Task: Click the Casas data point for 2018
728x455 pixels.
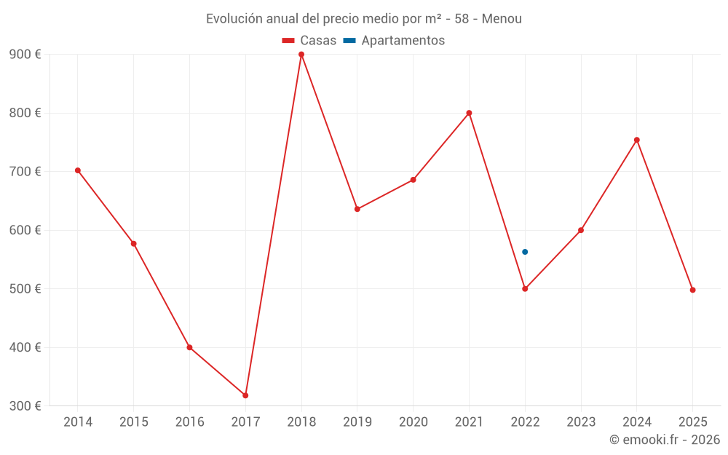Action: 301,55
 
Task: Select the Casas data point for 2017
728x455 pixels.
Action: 245,395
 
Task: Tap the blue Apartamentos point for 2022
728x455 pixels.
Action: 525,252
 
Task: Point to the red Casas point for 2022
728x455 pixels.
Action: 525,289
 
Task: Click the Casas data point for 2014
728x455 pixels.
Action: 78,170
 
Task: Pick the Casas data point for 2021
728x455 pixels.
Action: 469,113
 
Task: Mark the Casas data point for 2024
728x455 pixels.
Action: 637,140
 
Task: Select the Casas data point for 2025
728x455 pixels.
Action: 692,290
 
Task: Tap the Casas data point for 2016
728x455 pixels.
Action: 189,347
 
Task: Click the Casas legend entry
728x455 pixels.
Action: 309,41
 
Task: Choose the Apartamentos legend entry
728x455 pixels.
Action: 394,41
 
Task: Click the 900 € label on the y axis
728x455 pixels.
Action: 25,55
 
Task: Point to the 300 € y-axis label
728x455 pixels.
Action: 25,405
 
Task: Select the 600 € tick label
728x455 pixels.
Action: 25,230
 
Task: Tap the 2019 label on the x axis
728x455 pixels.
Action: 357,422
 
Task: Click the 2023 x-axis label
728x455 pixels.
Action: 581,422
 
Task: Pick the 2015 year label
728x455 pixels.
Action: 134,422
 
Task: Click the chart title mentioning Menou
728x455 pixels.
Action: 364,19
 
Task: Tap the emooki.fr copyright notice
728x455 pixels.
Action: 664,440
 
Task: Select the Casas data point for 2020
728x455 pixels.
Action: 413,180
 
